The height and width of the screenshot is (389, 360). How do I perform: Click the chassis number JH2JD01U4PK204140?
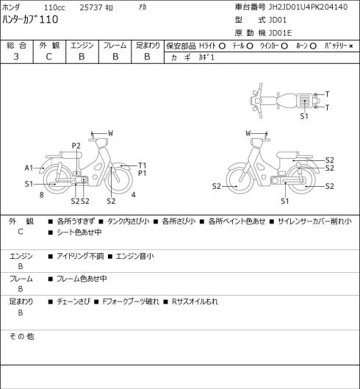click(x=308, y=7)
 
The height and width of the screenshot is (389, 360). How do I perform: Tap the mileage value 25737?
click(x=91, y=7)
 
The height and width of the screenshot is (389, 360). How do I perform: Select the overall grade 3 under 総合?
click(x=16, y=57)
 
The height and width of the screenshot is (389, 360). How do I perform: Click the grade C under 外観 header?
click(x=48, y=57)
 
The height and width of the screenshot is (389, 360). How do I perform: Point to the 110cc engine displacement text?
click(x=54, y=7)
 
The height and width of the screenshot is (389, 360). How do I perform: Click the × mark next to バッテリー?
click(x=351, y=46)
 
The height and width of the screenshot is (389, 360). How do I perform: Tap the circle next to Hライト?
click(x=222, y=46)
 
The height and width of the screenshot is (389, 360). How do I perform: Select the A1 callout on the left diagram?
click(x=29, y=168)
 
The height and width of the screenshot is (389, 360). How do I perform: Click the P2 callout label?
click(x=76, y=146)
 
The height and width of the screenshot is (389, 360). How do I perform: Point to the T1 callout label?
click(x=142, y=165)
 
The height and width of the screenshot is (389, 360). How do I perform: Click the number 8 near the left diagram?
click(x=42, y=195)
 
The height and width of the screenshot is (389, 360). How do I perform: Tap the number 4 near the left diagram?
click(x=134, y=195)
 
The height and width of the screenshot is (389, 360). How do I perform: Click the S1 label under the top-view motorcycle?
click(x=304, y=116)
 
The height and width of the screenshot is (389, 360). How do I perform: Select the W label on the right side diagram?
click(x=248, y=133)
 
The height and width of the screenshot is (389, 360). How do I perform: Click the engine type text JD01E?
click(x=280, y=33)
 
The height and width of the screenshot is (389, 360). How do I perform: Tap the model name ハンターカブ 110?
click(x=30, y=19)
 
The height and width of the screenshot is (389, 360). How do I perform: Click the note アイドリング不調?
click(x=80, y=256)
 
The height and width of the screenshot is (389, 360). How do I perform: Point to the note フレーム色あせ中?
click(x=82, y=279)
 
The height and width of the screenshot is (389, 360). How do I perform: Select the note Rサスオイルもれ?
click(x=195, y=301)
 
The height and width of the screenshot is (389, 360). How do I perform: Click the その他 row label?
click(x=21, y=336)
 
